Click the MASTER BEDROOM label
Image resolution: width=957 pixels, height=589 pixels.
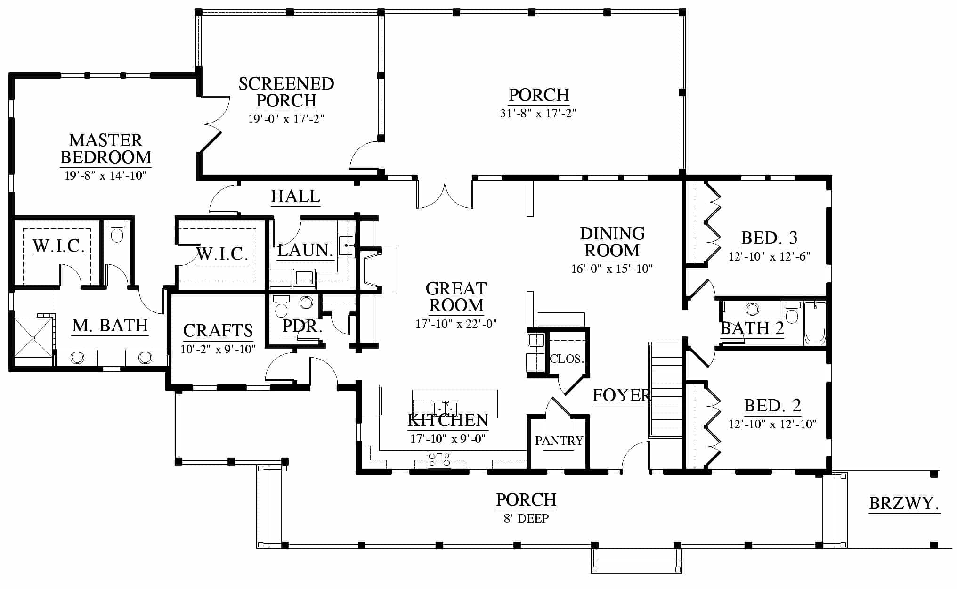coord(106,148)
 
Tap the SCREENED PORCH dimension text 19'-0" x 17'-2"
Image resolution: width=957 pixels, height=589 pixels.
coord(286,119)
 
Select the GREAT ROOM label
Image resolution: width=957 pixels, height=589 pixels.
coord(456,297)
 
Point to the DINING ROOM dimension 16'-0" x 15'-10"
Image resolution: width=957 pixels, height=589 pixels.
coord(612,269)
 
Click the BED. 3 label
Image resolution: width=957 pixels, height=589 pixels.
coord(770,238)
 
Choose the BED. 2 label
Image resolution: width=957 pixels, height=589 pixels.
coord(772,405)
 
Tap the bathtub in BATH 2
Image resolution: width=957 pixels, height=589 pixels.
coord(815,323)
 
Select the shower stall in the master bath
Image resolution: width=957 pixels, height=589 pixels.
coord(33,337)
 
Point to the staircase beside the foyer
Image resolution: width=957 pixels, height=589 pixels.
coord(665,390)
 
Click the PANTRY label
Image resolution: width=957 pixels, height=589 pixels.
coord(559,441)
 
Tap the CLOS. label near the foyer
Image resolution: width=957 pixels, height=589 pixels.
coord(567,359)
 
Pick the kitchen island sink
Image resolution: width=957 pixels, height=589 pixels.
coord(446,407)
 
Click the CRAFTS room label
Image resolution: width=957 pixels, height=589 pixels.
coord(218,331)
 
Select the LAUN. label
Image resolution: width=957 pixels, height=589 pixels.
coord(305,250)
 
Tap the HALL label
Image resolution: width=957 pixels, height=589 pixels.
coord(296,196)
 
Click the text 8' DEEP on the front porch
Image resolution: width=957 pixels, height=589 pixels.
coord(526,519)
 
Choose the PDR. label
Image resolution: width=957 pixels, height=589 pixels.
coord(302,326)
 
